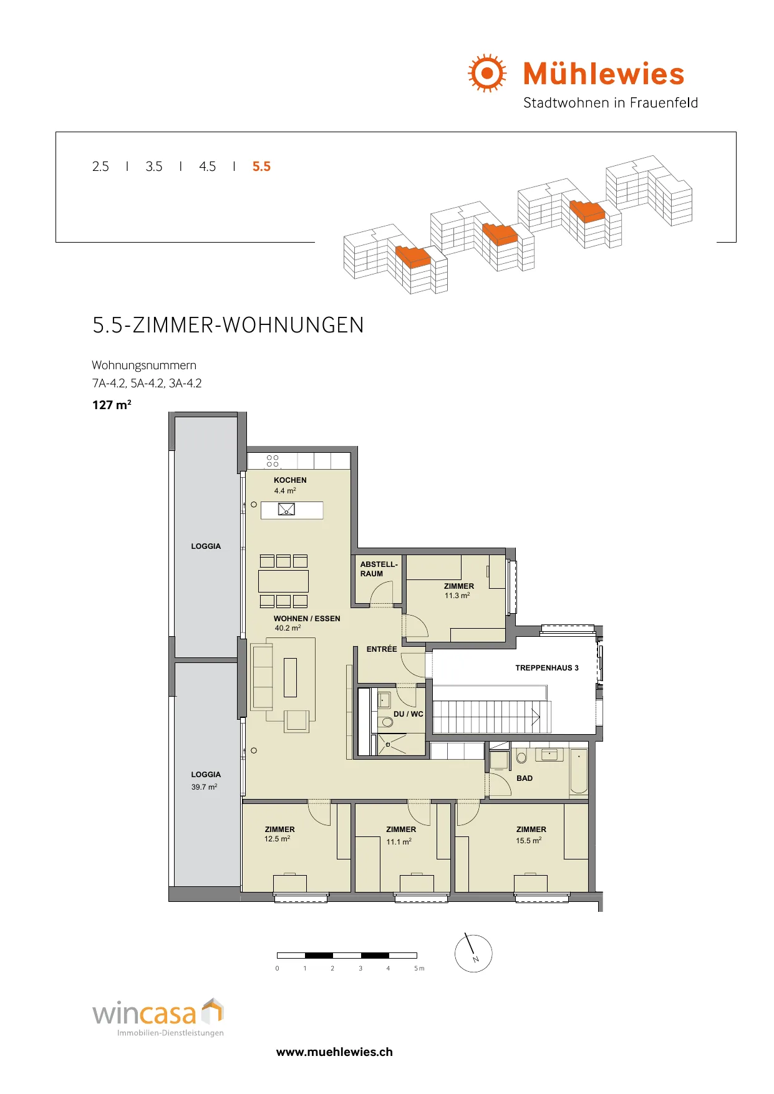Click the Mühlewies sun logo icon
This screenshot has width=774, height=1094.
tap(487, 73)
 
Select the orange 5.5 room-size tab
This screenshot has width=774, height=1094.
tap(261, 167)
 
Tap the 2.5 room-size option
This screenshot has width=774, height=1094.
tap(100, 167)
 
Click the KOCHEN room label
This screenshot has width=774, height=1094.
tap(290, 480)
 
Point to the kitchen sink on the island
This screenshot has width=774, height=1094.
tap(286, 510)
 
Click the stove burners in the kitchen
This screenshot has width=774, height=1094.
tap(273, 461)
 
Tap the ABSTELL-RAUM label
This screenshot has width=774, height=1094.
tap(379, 569)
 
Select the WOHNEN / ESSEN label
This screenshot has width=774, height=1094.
tap(307, 619)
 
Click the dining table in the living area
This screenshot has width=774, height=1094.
tap(283, 581)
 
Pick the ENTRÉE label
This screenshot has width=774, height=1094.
tap(382, 649)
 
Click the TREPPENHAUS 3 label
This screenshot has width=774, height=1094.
tap(547, 668)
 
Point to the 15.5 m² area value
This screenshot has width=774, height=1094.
tap(528, 841)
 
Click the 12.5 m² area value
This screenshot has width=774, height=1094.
tap(277, 839)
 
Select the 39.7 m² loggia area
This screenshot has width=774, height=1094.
tap(204, 787)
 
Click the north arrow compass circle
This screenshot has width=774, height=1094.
tap(473, 953)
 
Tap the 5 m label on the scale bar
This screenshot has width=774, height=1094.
tap(419, 969)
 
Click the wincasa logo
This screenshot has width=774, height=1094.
tap(158, 1017)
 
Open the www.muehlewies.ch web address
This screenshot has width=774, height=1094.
tap(334, 1052)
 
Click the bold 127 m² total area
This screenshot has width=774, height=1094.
tap(112, 405)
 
